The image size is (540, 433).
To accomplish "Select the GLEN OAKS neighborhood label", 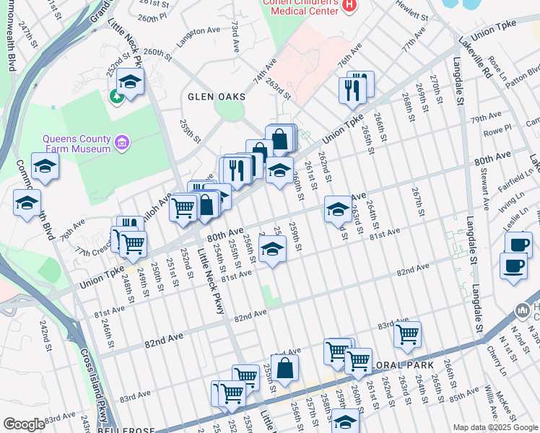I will (x=217, y=97).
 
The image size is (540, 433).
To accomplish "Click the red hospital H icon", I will (x=350, y=6).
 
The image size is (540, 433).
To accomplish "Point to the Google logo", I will (x=24, y=424).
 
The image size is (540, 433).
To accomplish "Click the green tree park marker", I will (x=116, y=95).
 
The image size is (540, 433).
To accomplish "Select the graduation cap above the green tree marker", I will (x=130, y=82).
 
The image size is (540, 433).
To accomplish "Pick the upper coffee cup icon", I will (x=518, y=243).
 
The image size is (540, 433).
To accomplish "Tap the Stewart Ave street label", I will (x=485, y=180).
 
